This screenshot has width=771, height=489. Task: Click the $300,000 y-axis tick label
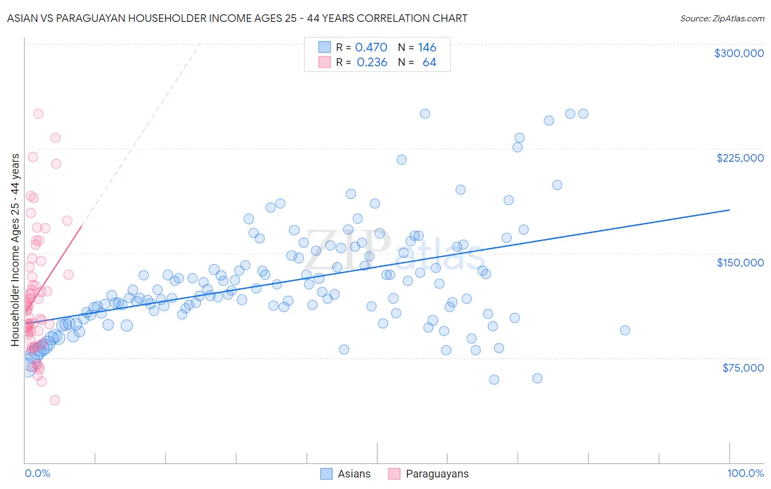(739, 53)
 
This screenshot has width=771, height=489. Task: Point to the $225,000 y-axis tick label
(740, 158)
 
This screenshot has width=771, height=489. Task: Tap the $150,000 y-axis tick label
(740, 263)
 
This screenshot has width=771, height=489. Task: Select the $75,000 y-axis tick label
(742, 368)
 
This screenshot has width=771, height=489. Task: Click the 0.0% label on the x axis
(37, 473)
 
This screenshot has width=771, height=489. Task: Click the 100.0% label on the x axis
(745, 473)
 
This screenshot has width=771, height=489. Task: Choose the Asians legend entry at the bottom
(345, 474)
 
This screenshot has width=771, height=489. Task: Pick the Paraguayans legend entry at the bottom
(428, 474)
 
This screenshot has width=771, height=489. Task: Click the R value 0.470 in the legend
(371, 48)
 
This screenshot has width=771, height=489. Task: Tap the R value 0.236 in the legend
(372, 62)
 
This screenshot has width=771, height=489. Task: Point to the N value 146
(427, 48)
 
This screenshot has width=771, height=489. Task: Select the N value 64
(429, 62)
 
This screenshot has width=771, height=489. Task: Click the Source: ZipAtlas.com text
(722, 19)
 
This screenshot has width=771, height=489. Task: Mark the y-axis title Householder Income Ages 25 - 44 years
(15, 250)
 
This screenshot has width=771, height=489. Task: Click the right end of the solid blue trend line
(729, 210)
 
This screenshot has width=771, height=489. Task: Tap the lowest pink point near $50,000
(55, 400)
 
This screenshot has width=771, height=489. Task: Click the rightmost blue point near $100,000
(625, 330)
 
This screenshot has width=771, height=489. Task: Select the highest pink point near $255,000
(38, 114)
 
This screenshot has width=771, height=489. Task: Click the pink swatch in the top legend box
(325, 62)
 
